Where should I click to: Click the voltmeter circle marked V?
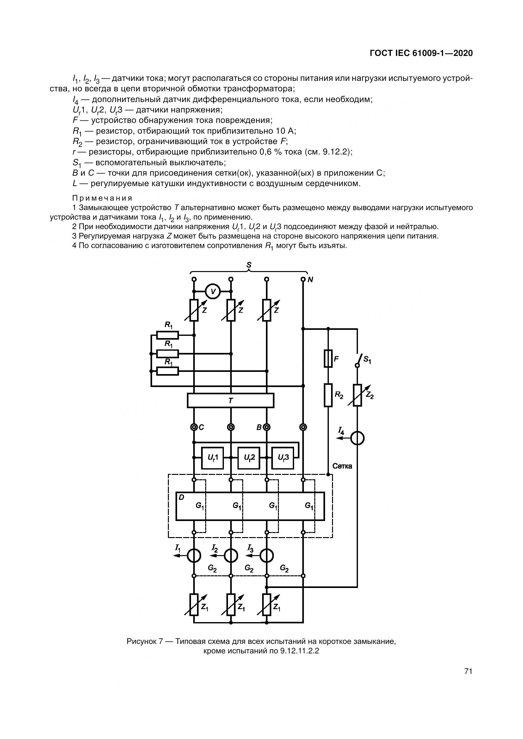(212, 292)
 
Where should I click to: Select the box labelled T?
(231, 401)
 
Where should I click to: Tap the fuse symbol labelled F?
(328, 358)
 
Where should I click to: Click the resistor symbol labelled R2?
(328, 395)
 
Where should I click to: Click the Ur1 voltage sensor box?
(212, 458)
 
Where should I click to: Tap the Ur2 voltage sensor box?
(249, 458)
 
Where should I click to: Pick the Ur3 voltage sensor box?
(283, 458)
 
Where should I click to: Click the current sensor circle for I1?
(194, 555)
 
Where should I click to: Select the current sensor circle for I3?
(267, 555)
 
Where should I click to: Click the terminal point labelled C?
(194, 427)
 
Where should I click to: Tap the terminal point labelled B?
(267, 427)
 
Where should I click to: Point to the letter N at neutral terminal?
(311, 280)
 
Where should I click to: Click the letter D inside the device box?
(181, 497)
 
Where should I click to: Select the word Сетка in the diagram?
(342, 466)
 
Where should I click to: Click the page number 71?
(468, 671)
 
